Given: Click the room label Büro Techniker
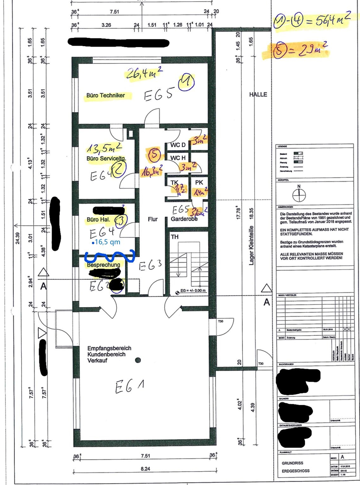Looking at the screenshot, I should pos(105,96).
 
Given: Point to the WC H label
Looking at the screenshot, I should pos(178,158).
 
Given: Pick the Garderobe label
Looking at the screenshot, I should pos(185,219).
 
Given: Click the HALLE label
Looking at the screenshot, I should pos(258,94).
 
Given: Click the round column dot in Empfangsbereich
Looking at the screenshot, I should pos(138,360).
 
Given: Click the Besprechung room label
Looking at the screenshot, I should pos(103,265).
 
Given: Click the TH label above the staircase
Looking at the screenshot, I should pos(174,236).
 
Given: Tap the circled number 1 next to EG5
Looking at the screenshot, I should pos(188,84).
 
